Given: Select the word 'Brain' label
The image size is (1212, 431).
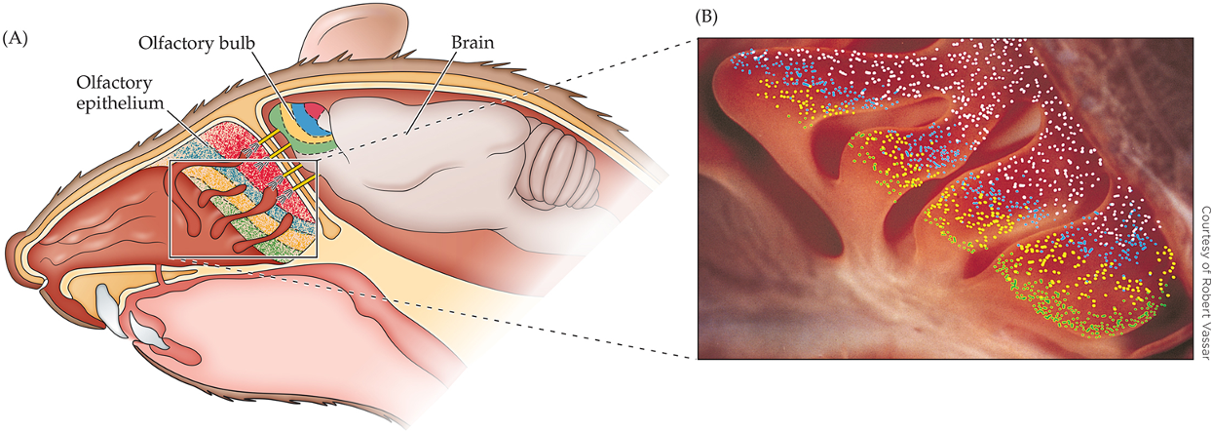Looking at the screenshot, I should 473,44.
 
